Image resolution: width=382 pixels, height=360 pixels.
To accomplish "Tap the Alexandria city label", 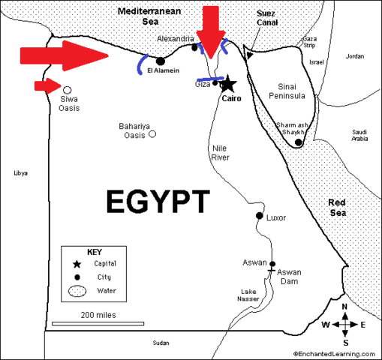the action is point(176,38).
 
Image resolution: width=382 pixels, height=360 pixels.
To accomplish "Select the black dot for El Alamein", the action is point(160,61).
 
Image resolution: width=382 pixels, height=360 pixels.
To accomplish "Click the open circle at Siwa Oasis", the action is point(68,88).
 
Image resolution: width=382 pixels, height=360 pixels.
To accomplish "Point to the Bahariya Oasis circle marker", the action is point(152,134).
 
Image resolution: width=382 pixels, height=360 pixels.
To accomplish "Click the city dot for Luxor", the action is point(260,217).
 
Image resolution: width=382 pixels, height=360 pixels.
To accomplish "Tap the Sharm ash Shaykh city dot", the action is point(299,142).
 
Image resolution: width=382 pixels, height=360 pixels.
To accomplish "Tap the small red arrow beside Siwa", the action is point(47,85).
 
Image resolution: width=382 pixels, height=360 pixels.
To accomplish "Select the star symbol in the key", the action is point(77,264).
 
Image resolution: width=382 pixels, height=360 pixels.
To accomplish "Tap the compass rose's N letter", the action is point(344,307).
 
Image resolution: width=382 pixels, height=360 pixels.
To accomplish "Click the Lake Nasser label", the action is point(249,295).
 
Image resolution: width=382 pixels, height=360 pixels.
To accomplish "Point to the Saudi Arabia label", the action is point(359,135).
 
